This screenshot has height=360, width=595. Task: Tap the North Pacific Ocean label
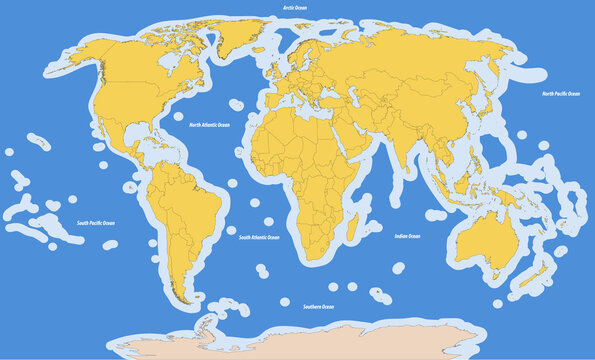561,93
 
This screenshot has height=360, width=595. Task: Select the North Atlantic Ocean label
209,125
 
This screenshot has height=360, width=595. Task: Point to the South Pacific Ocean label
97,224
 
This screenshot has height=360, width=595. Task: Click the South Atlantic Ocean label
259,238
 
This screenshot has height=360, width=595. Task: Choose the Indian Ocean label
407,236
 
